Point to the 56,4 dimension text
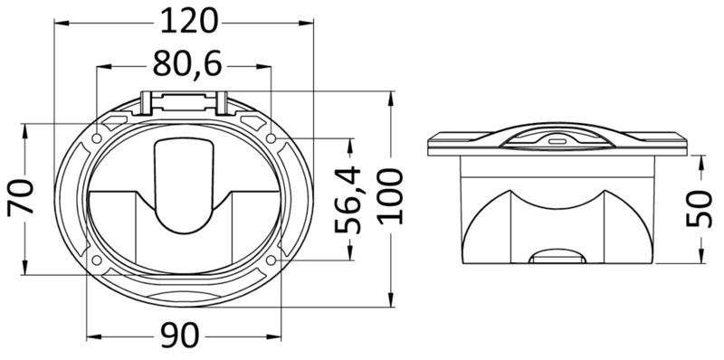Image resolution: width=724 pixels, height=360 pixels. pos(348,198)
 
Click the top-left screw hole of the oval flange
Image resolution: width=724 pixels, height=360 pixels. pos(95,137)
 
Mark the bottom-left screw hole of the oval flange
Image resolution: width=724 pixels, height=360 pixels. pos(95,261)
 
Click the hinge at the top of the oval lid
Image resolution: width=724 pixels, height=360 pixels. pos(185,102)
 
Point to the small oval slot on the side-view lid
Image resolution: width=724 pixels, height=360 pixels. pos(554,141)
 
